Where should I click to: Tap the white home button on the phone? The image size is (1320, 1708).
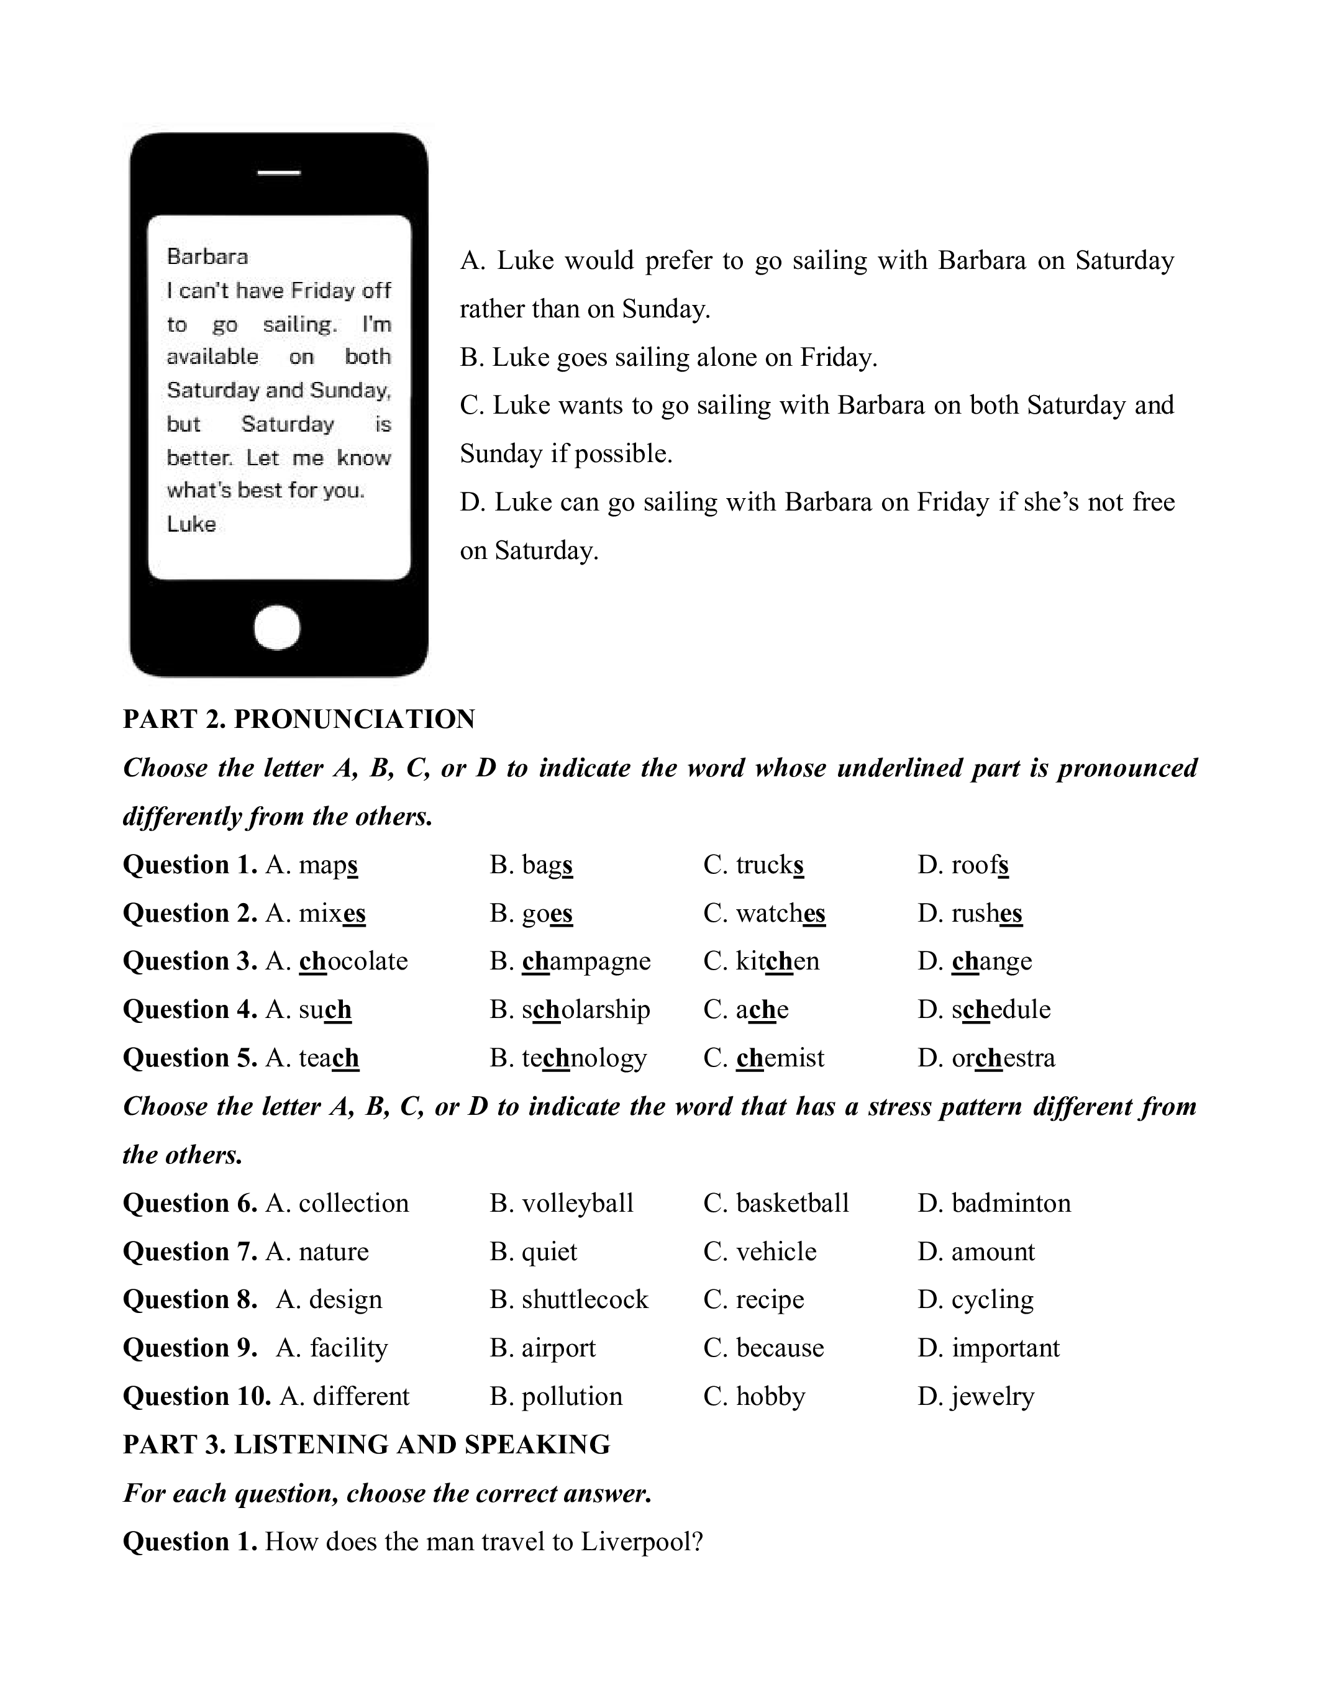[x=277, y=627]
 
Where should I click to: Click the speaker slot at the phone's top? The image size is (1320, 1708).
[x=279, y=171]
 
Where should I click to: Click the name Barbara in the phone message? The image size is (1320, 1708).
[x=207, y=257]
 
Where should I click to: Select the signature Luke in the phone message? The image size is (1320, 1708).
[x=191, y=524]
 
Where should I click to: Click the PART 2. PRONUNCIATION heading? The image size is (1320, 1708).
[x=299, y=719]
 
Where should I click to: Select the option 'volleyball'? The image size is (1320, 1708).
[x=577, y=1203]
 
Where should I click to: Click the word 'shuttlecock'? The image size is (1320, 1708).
[x=585, y=1299]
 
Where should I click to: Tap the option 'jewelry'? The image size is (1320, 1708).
[x=993, y=1396]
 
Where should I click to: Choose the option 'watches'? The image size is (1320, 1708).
[x=780, y=912]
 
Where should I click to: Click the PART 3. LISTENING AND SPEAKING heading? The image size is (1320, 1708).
[x=366, y=1445]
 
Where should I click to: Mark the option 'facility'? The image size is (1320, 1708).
[x=348, y=1348]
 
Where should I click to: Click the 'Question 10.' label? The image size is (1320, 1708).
[x=197, y=1396]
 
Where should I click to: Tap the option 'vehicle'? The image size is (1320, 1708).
[x=776, y=1251]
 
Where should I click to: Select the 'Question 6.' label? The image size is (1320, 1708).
[x=190, y=1203]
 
